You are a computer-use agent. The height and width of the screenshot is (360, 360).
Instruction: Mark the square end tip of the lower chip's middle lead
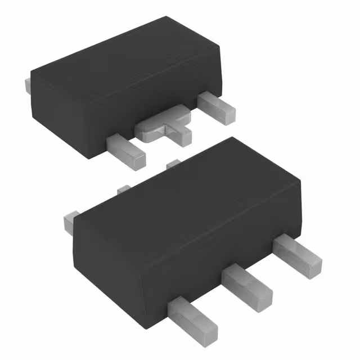click(262, 295)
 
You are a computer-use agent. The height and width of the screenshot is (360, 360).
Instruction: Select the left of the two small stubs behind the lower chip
click(124, 190)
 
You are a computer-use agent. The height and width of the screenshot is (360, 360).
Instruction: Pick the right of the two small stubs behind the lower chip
click(173, 163)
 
